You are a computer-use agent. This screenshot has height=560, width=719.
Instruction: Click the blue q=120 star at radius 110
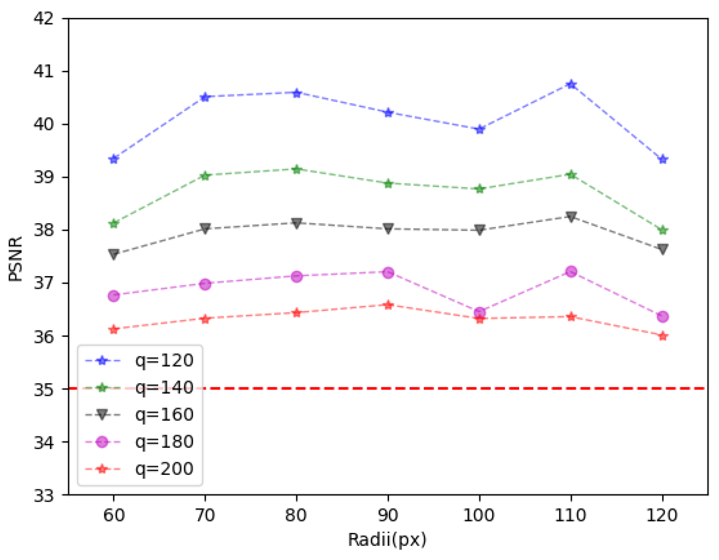coord(571,84)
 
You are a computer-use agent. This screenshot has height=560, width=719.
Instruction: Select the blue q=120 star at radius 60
coord(114,159)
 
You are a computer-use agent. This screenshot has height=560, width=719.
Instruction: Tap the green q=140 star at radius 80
coord(297,169)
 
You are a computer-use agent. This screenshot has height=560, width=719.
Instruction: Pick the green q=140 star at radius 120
coord(663,230)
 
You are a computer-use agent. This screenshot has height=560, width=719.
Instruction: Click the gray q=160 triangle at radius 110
coord(571,217)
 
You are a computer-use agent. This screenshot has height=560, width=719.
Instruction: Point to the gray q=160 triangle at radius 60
coord(114,254)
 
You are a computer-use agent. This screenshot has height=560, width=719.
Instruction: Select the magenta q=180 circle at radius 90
coord(388,273)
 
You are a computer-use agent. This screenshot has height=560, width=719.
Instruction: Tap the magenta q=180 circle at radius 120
coord(663,316)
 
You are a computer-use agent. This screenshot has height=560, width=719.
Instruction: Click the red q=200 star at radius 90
coord(388,305)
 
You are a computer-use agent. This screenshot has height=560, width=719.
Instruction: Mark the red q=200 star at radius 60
coord(114,329)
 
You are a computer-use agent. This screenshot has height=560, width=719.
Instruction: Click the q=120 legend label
coord(164,360)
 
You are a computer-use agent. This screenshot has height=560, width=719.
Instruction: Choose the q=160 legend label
coord(164,415)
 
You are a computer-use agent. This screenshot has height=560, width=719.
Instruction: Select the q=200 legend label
coord(164,469)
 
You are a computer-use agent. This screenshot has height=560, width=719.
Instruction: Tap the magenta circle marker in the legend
coord(102,442)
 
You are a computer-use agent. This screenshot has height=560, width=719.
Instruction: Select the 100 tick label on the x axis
coord(479,515)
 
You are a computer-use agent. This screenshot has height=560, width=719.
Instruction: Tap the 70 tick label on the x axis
coord(205,515)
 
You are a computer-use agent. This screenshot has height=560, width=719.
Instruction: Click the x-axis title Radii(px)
coord(387,540)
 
